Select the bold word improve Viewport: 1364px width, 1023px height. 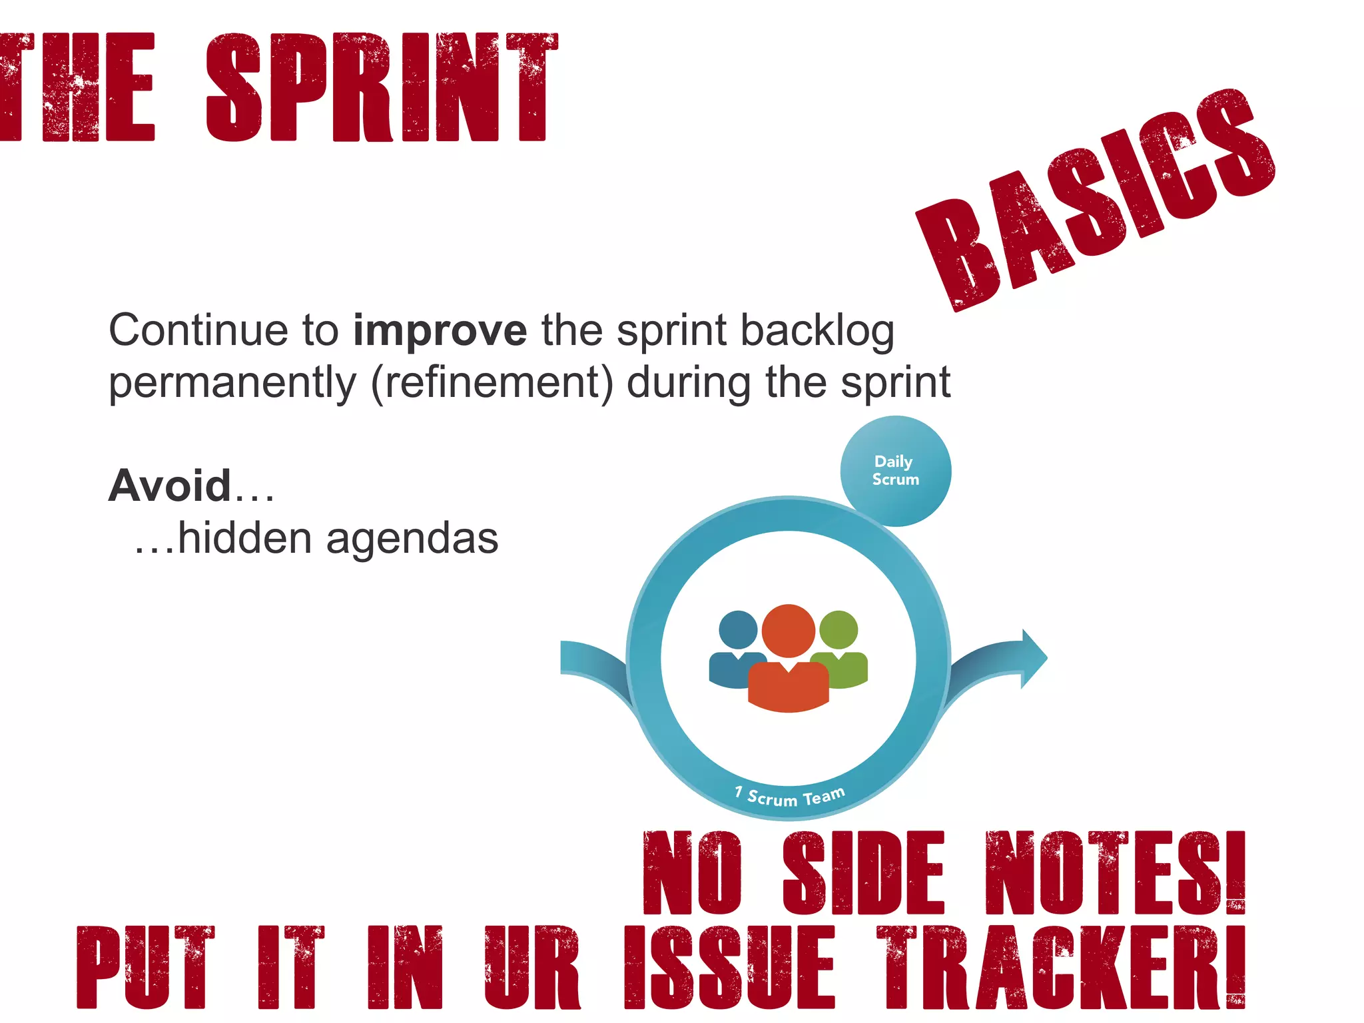pyautogui.click(x=440, y=331)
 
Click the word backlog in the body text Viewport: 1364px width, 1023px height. pyautogui.click(x=817, y=331)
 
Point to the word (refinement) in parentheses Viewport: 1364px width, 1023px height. pyautogui.click(x=492, y=383)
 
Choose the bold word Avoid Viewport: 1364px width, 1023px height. pyautogui.click(x=170, y=486)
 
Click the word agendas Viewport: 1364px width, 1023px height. pyautogui.click(x=412, y=538)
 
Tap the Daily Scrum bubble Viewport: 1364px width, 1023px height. pyautogui.click(x=896, y=471)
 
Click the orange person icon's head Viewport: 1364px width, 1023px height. pyautogui.click(x=789, y=630)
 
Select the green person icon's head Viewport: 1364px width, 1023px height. pyautogui.click(x=839, y=629)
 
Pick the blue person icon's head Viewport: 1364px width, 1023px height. pyautogui.click(x=738, y=629)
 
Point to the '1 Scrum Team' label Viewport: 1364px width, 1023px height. pyautogui.click(x=790, y=796)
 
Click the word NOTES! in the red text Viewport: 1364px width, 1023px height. pyautogui.click(x=1114, y=872)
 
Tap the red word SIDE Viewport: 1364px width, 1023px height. pyautogui.click(x=863, y=872)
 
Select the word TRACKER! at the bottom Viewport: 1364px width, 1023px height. pyautogui.click(x=1060, y=967)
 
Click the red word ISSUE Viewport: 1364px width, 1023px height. pyautogui.click(x=729, y=967)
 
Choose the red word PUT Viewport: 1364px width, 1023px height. pyautogui.click(x=145, y=967)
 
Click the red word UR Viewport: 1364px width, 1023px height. pyautogui.click(x=531, y=967)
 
